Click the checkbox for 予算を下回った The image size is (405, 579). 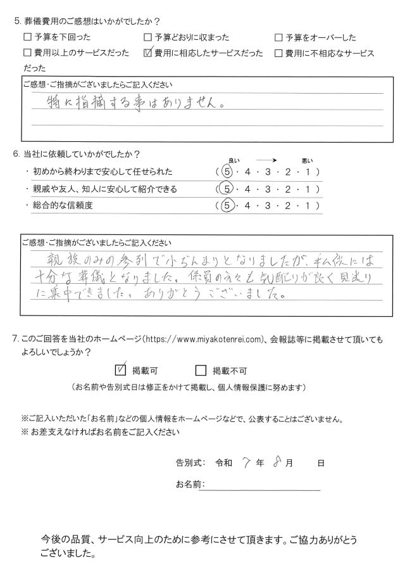pyautogui.click(x=27, y=38)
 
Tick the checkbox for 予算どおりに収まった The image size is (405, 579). pyautogui.click(x=148, y=38)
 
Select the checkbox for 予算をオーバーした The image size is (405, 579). pyautogui.click(x=278, y=38)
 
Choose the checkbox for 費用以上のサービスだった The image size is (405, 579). pyautogui.click(x=27, y=53)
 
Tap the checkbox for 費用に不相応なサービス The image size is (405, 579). pyautogui.click(x=278, y=53)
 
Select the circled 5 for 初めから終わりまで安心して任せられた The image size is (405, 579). pyautogui.click(x=223, y=172)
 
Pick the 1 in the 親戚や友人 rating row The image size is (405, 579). pyautogui.click(x=307, y=189)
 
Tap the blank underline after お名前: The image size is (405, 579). pyautogui.click(x=263, y=485)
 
